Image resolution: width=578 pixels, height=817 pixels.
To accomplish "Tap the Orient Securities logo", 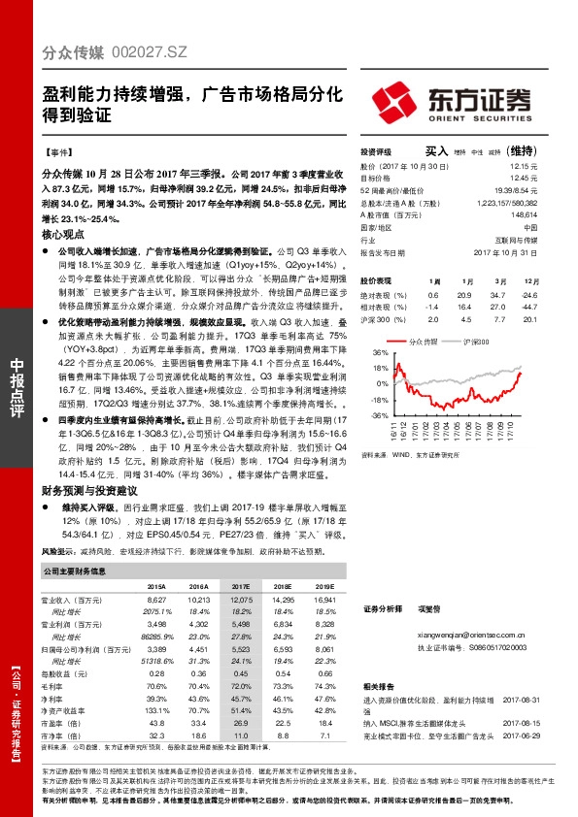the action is [x=451, y=100].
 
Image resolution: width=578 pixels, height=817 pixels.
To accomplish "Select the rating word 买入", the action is [x=436, y=151].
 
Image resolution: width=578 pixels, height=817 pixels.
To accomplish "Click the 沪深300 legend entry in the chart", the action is [x=479, y=343].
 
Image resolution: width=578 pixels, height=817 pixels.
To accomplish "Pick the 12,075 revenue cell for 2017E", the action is [x=238, y=602].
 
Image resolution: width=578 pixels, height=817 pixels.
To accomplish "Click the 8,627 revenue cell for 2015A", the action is [x=155, y=602].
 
